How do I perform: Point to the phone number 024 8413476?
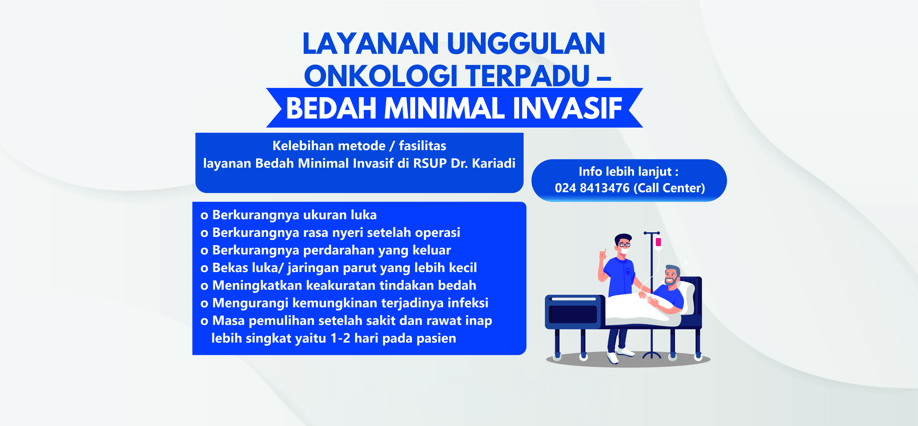tap(592, 188)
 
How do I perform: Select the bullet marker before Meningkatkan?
tap(204, 286)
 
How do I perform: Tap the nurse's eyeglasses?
tap(624, 245)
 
